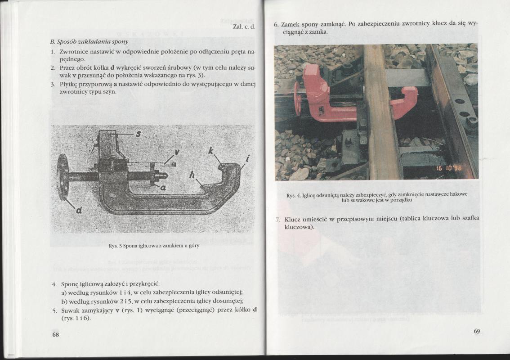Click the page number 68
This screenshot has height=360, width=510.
(55, 334)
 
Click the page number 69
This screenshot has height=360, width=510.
(477, 332)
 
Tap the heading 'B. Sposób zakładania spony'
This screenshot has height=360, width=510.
(89, 41)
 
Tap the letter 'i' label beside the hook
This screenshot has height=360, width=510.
(248, 158)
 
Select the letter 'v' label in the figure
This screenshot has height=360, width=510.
(177, 153)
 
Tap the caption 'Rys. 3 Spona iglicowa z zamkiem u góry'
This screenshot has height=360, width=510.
(154, 246)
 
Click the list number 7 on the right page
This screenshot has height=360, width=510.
(277, 219)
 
